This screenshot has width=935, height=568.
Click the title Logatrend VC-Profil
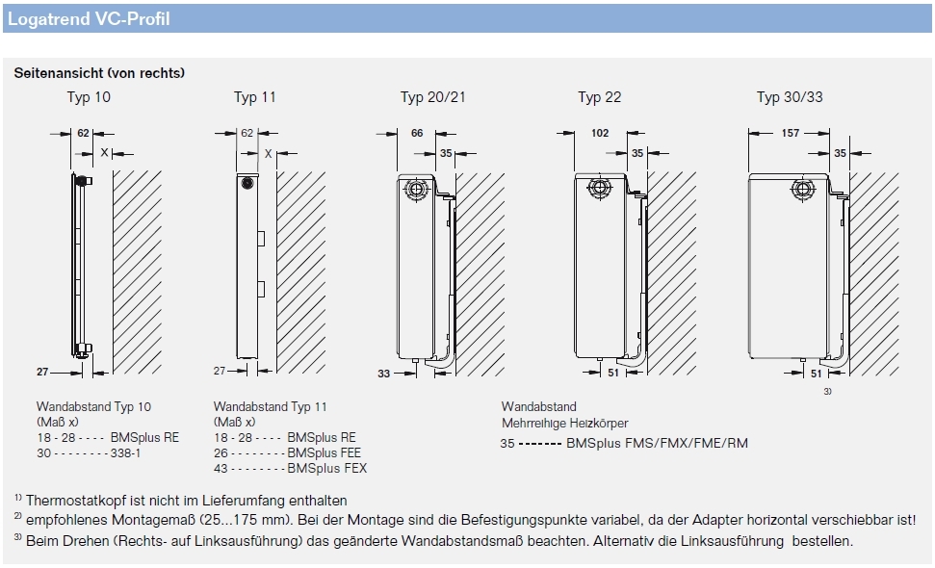click(x=88, y=18)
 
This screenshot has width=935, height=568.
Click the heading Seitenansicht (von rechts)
click(x=99, y=73)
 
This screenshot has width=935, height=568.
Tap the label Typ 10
click(x=89, y=97)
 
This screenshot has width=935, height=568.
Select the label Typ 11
click(x=255, y=97)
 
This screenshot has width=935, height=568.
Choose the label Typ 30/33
click(x=789, y=97)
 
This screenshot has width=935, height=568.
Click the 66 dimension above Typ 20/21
click(x=417, y=134)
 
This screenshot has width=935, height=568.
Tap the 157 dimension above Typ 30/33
click(x=789, y=134)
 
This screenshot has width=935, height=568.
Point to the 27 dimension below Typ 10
click(x=42, y=371)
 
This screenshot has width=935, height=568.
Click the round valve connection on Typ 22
click(x=599, y=188)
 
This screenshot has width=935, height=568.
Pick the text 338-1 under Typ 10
click(x=124, y=452)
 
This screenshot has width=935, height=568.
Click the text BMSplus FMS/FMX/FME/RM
click(x=657, y=444)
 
